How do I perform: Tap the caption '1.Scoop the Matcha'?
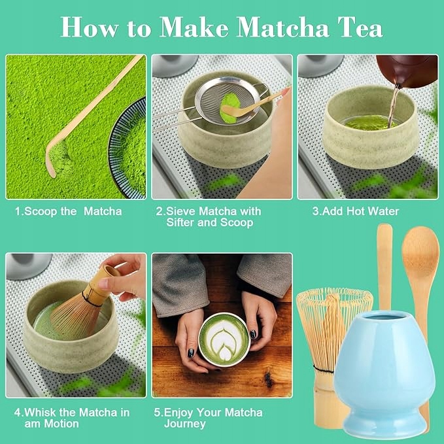68,211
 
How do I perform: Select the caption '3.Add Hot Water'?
355,211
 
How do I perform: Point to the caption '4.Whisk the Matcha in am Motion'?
72,418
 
